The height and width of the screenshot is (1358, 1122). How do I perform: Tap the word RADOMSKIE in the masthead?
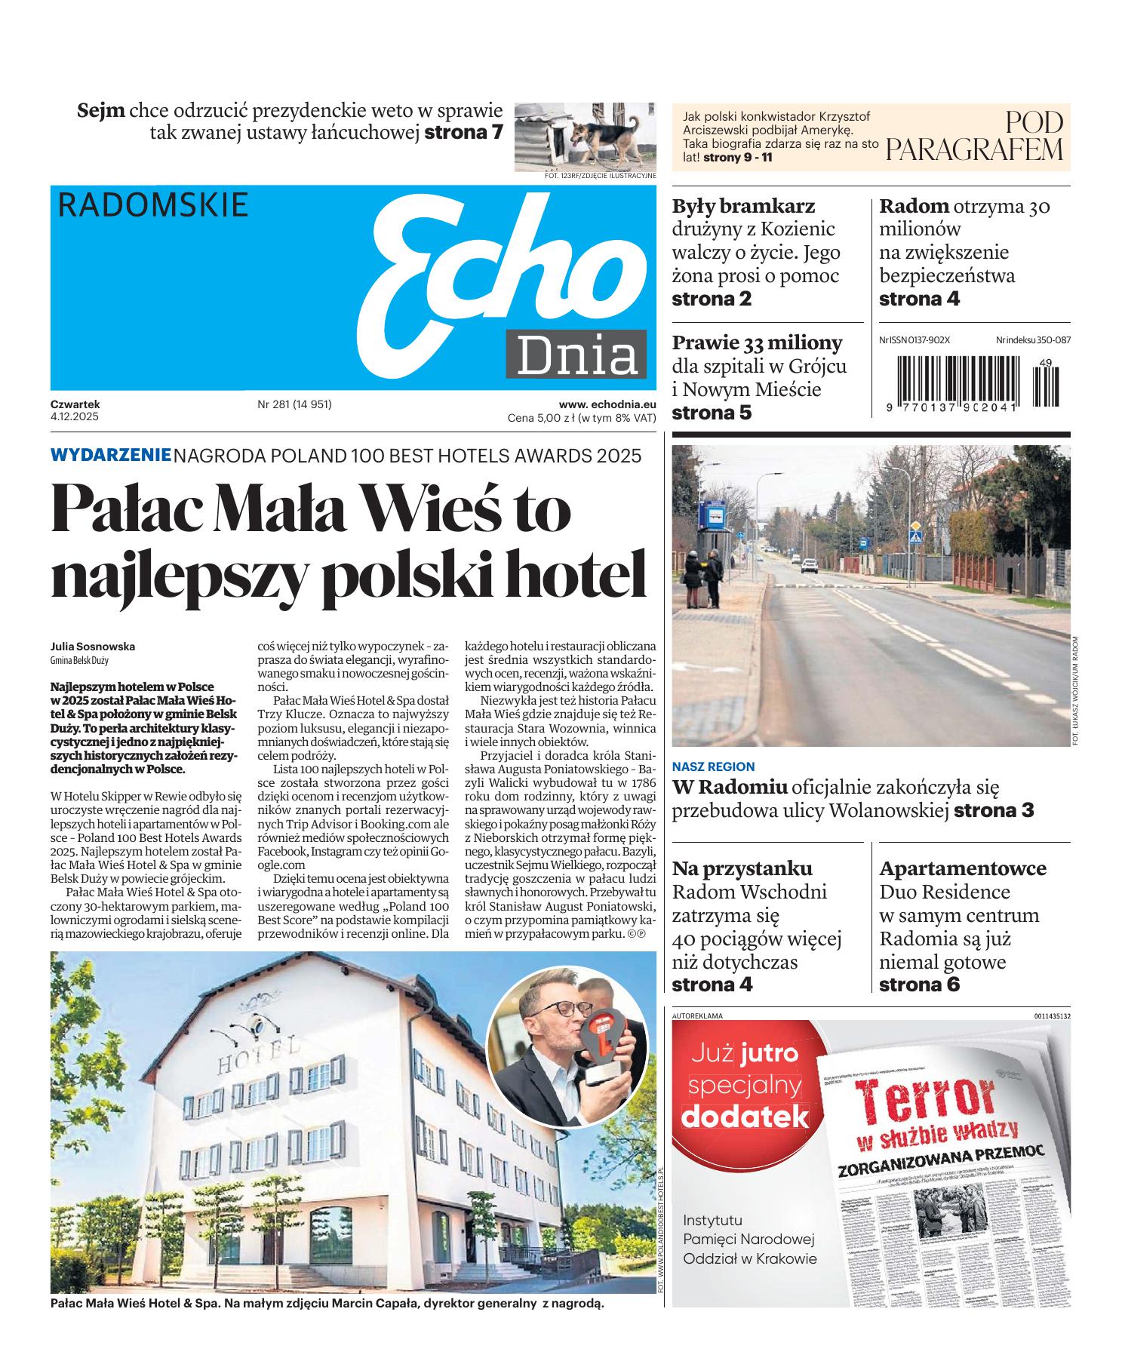(x=153, y=205)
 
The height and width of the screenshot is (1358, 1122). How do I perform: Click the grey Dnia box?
(x=576, y=354)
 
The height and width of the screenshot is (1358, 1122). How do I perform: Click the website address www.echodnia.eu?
(x=607, y=404)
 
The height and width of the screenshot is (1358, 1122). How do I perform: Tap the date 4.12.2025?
(x=75, y=416)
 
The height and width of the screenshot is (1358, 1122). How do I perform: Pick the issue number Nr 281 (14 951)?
(x=294, y=404)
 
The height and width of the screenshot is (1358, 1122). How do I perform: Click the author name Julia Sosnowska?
(x=93, y=647)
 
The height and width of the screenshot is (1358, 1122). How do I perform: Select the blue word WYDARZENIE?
(x=111, y=455)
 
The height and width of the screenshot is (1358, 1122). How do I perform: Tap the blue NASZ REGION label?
(x=713, y=767)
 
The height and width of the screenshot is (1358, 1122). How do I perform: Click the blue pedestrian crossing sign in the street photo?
(x=915, y=537)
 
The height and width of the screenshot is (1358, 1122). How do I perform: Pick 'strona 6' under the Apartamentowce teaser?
(x=919, y=985)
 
